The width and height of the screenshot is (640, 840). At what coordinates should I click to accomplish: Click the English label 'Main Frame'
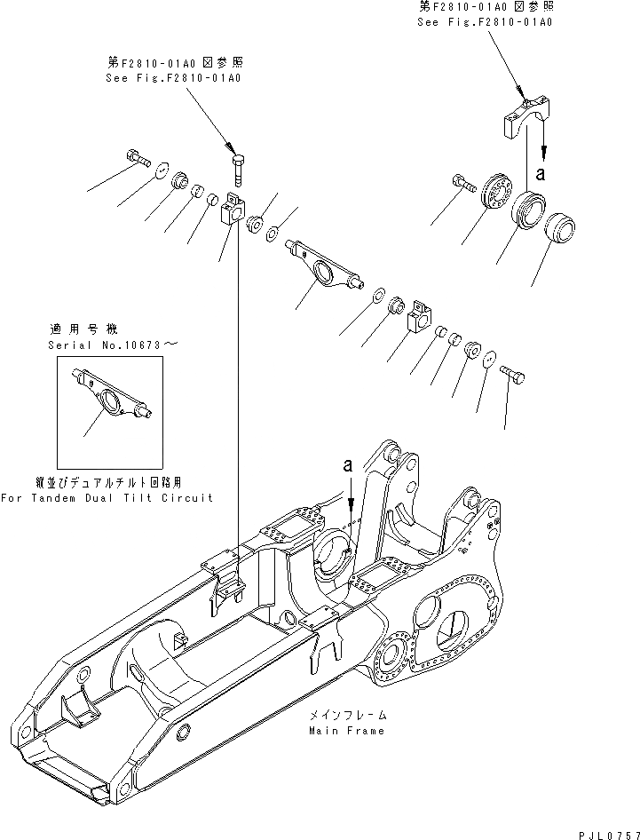point(347,731)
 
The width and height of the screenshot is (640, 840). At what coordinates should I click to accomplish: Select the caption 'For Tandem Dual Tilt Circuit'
point(107,498)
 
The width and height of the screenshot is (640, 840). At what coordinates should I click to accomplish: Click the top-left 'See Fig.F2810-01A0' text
point(174,78)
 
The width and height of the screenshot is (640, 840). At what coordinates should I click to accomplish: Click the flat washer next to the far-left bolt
point(162,169)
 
